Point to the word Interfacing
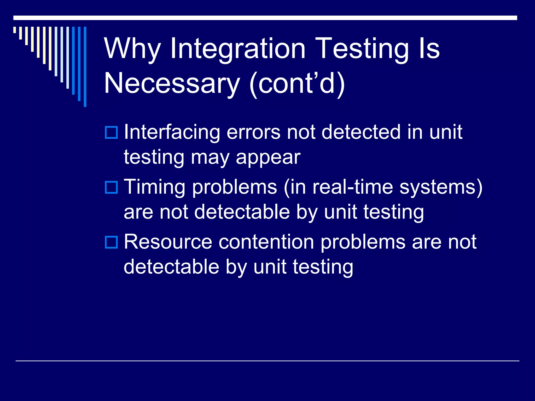(172, 132)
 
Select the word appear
(268, 158)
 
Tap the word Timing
(154, 187)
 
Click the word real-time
(353, 187)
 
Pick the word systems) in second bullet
(441, 187)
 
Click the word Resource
(168, 242)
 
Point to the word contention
(266, 242)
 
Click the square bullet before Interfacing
(111, 132)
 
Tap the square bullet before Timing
(111, 187)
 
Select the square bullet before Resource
(111, 242)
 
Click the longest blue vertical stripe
(85, 67)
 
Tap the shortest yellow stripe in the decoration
(15, 30)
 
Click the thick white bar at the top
(265, 18)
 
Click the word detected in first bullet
(361, 132)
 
